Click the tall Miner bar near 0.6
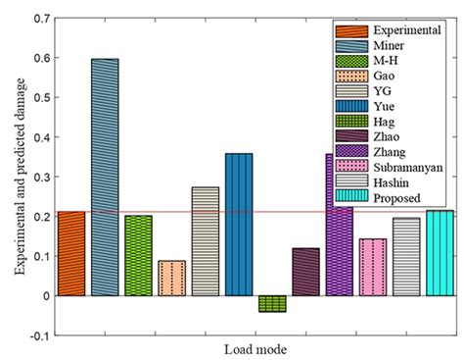(105, 177)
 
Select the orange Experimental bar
(71, 253)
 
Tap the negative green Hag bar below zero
(272, 304)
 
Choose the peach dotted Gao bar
(171, 278)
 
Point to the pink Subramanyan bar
(373, 267)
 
